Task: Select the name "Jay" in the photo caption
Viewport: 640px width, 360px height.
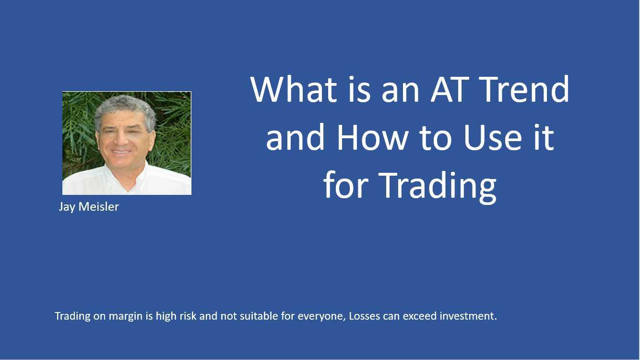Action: [x=67, y=207]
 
